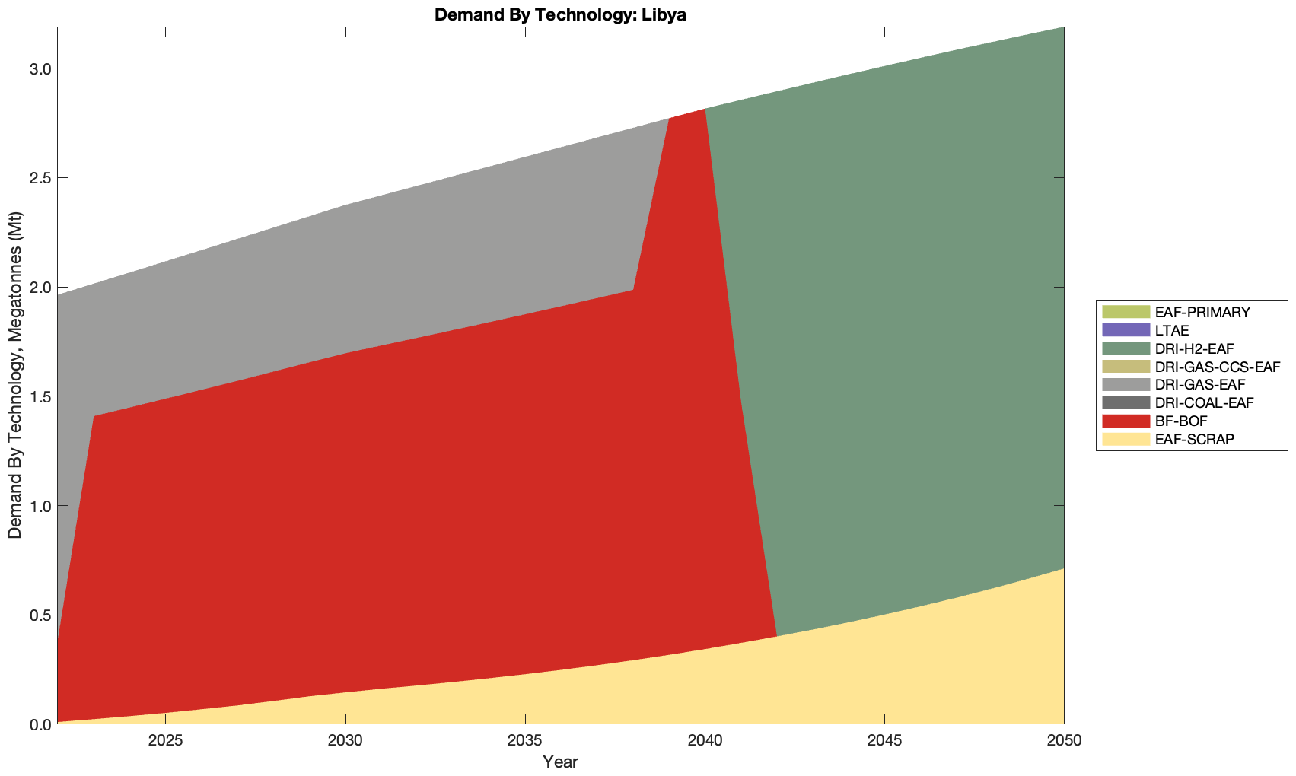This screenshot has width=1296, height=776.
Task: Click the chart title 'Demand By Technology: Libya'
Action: [x=560, y=14]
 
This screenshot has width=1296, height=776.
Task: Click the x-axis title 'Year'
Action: [x=560, y=762]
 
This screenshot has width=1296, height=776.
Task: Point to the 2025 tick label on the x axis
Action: [x=165, y=740]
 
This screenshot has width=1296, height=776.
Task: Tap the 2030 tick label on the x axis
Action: [x=345, y=740]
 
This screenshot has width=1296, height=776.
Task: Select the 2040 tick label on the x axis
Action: [x=705, y=740]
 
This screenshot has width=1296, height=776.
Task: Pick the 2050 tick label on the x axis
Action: [x=1063, y=740]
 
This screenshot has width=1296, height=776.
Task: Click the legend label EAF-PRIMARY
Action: [x=1202, y=312]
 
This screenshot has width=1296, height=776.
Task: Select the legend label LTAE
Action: [x=1171, y=330]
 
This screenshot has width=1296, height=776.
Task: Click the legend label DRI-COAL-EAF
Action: [x=1204, y=402]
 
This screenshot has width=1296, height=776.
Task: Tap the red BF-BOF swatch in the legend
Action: [x=1125, y=421]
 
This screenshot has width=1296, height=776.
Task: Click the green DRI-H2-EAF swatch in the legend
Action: [x=1125, y=348]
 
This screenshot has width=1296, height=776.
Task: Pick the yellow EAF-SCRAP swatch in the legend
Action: [x=1125, y=439]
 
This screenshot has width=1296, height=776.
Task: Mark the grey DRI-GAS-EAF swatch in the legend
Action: [x=1125, y=385]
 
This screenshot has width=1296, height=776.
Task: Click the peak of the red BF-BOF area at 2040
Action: [x=705, y=110]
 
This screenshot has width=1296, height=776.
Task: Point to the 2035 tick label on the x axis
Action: [x=525, y=740]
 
